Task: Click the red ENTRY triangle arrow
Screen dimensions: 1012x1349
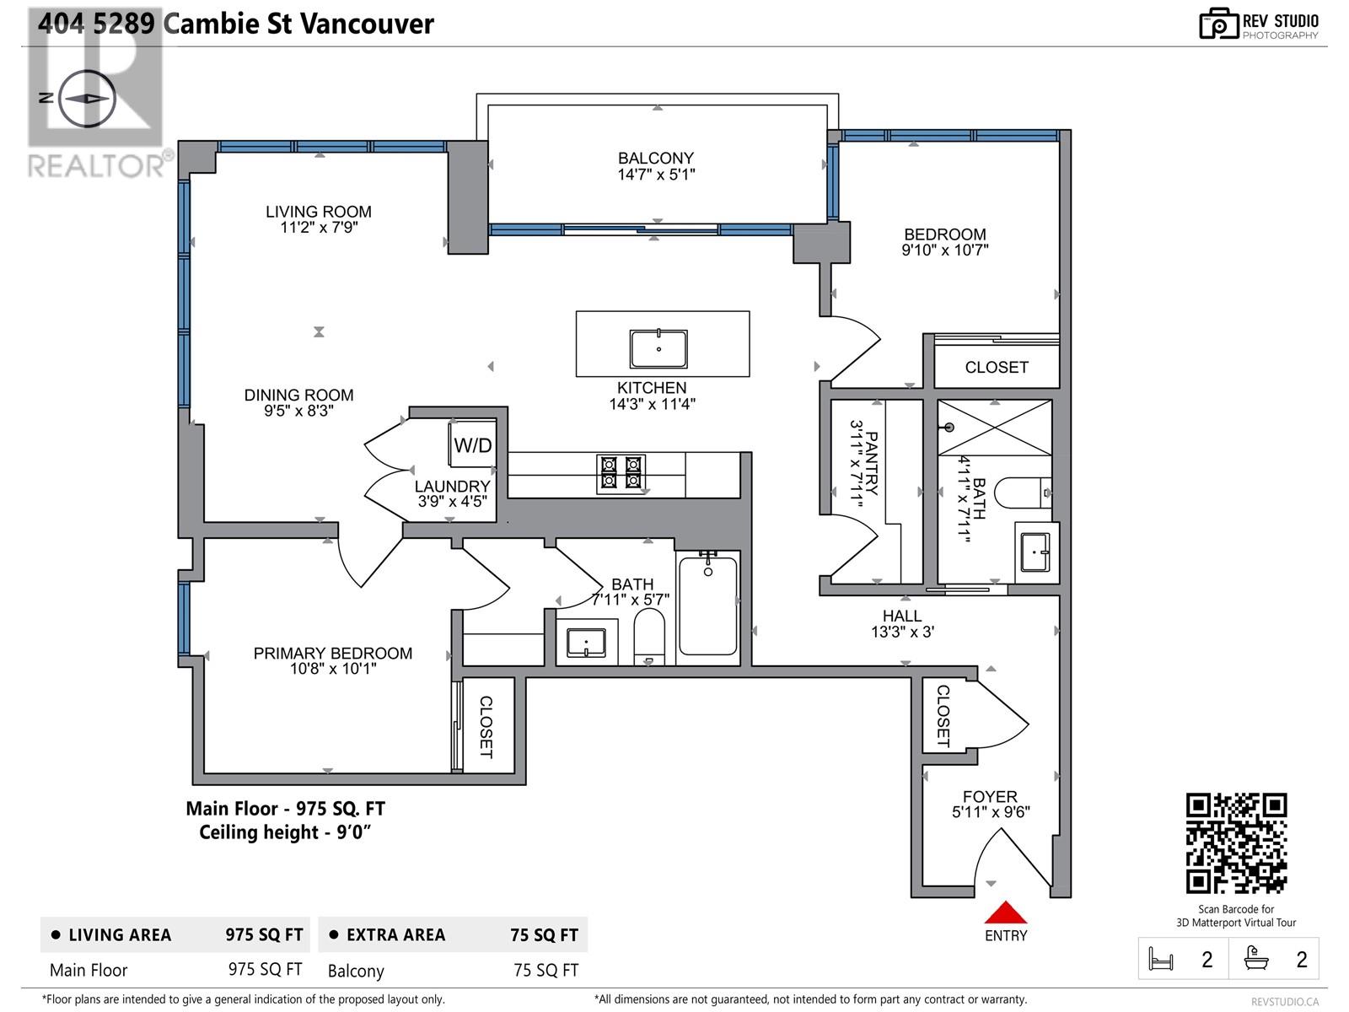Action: pyautogui.click(x=1005, y=913)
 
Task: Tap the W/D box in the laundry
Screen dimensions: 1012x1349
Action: pyautogui.click(x=472, y=444)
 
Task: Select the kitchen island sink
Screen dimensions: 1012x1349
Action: pyautogui.click(x=658, y=348)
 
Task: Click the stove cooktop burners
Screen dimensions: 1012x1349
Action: pyautogui.click(x=621, y=473)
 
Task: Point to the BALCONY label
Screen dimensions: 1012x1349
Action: pyautogui.click(x=655, y=158)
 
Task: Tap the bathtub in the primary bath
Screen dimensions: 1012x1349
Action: pyautogui.click(x=707, y=605)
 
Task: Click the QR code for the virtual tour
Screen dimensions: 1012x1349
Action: pyautogui.click(x=1236, y=843)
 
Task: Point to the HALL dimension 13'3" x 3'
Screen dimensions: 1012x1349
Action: pyautogui.click(x=902, y=632)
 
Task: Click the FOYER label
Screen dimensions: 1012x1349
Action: pyautogui.click(x=990, y=796)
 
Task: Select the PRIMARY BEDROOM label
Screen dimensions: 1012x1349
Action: pyautogui.click(x=332, y=653)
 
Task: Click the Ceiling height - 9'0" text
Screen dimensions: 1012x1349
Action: pyautogui.click(x=285, y=832)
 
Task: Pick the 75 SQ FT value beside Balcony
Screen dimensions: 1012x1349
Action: pyautogui.click(x=546, y=970)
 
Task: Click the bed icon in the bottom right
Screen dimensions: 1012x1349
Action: pyautogui.click(x=1161, y=959)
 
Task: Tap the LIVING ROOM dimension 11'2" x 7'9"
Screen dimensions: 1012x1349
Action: pyautogui.click(x=319, y=227)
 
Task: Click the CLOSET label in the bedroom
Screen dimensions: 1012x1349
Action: pyautogui.click(x=996, y=367)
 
